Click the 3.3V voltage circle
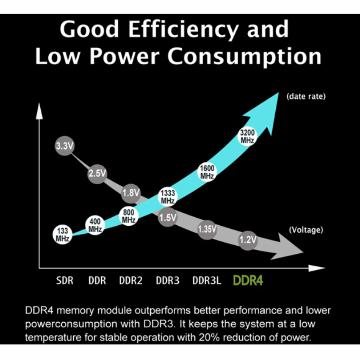[65, 146]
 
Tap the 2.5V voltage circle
[97, 173]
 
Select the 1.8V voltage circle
[130, 193]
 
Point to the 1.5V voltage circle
[167, 218]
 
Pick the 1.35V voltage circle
[207, 229]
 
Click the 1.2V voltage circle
[248, 240]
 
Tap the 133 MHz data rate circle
[62, 234]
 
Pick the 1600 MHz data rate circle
[207, 172]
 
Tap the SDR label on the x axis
[65, 280]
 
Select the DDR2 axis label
[130, 280]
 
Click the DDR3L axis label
[207, 280]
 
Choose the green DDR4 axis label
[248, 280]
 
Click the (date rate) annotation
[306, 97]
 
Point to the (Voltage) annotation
[306, 230]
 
